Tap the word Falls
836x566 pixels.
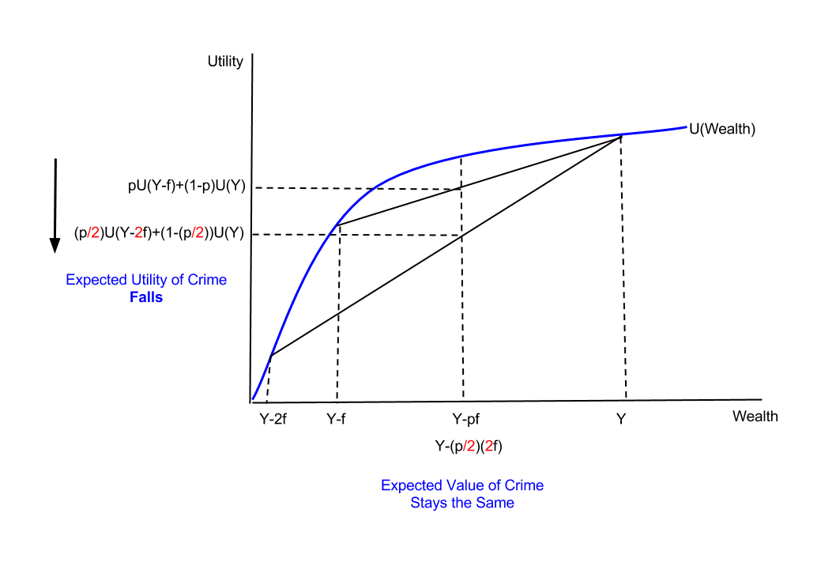tap(146, 298)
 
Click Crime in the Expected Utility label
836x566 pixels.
tap(208, 281)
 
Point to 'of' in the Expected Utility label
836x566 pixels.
tap(178, 281)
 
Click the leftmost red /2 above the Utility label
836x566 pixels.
tap(93, 232)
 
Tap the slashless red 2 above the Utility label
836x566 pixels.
tap(138, 232)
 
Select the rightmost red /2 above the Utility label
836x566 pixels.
tap(198, 232)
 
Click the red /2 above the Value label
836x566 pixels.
tap(469, 447)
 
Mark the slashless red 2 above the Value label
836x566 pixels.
tap(489, 447)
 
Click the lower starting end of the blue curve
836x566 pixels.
tap(253, 399)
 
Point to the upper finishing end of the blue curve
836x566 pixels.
tap(686, 127)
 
